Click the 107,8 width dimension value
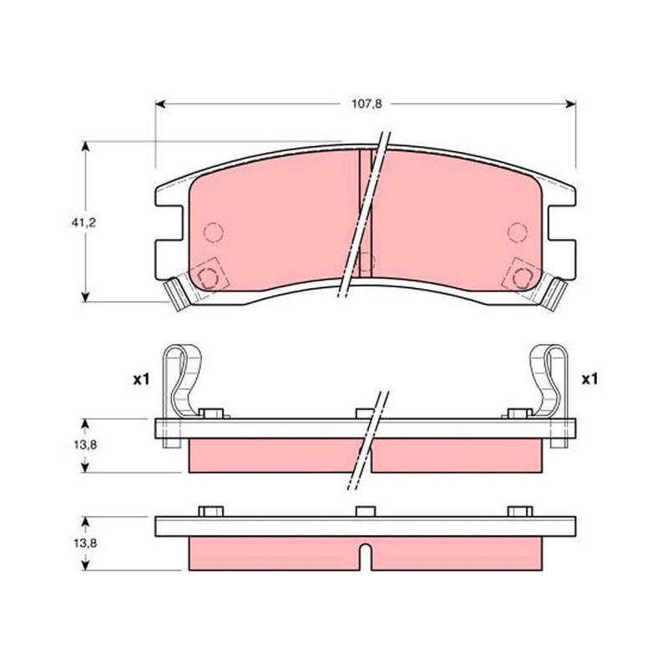367,104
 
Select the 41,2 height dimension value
83,222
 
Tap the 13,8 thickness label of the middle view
84,445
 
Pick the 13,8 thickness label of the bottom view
84,544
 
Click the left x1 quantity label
141,380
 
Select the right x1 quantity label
590,379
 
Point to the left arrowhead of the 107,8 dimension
160,104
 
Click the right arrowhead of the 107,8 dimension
570,104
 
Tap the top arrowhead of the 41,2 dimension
86,147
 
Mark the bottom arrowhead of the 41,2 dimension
86,296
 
